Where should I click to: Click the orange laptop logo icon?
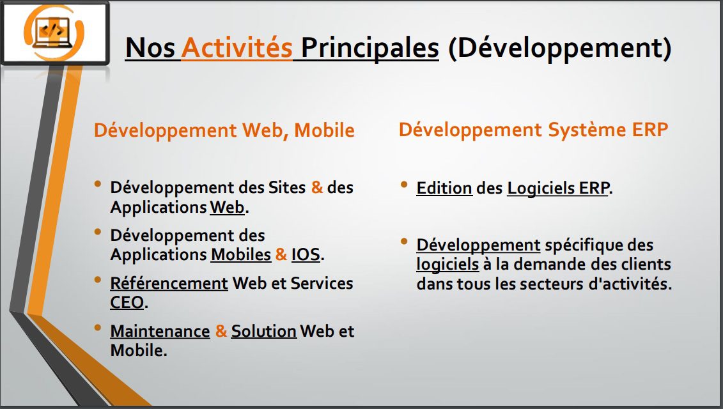point(54,33)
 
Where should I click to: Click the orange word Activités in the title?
point(237,47)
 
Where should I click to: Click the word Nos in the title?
point(150,48)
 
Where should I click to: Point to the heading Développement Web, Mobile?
point(224,130)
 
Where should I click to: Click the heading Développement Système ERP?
point(534,130)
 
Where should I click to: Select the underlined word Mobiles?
point(241,254)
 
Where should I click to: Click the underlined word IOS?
point(306,254)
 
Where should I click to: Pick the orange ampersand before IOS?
point(281,254)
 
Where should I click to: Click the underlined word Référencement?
point(169,283)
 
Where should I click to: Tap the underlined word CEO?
point(127,302)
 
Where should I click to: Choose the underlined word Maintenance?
point(160,331)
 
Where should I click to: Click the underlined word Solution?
point(264,331)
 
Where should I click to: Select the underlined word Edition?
point(444,188)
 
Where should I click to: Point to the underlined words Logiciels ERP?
point(558,188)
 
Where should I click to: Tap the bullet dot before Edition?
point(405,185)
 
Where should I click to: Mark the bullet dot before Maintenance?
point(98,328)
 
